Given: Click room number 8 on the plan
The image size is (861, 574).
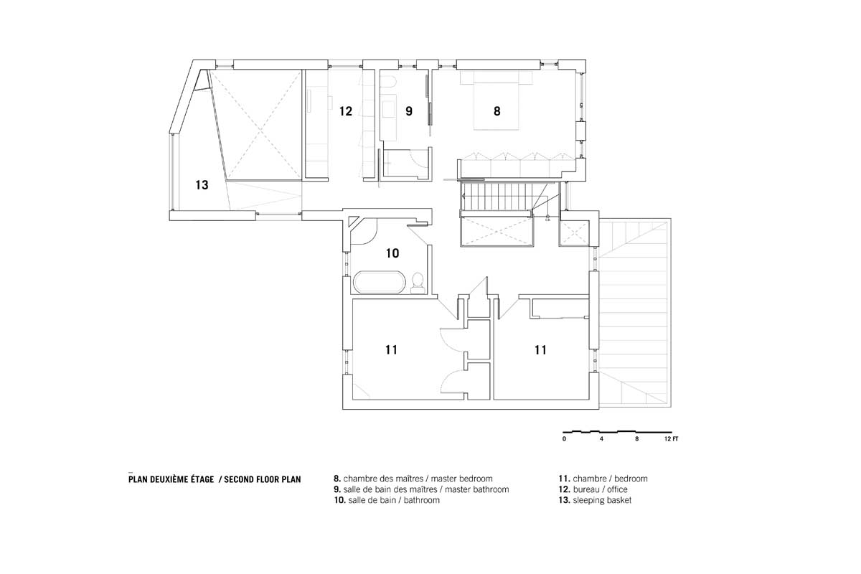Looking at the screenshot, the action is (497, 111).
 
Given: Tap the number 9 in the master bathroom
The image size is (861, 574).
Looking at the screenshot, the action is (409, 111).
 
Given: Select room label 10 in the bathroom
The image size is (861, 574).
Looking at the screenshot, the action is (392, 253).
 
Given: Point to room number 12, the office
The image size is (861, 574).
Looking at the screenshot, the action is (346, 111).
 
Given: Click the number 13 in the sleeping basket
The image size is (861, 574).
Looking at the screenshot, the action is (202, 185).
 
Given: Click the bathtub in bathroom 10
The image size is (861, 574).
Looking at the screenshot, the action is (380, 283).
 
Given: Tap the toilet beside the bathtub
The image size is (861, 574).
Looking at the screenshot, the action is (418, 283).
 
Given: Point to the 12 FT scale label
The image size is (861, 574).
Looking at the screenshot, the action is (671, 439).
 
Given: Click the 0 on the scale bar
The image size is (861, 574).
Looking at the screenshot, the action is (564, 439).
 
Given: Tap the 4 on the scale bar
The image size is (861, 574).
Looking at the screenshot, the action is (601, 439).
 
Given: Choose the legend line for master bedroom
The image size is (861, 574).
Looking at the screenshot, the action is (413, 479).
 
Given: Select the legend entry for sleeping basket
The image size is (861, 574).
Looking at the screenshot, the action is (595, 500).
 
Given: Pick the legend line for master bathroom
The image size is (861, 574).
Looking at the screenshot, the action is (421, 489).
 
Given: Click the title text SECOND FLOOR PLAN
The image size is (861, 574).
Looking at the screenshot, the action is (263, 479).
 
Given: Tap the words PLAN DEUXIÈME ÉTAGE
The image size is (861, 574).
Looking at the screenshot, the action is (171, 479).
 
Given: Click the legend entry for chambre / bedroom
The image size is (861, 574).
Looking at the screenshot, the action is (603, 479).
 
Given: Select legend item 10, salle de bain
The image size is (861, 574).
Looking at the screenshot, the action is (387, 500).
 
